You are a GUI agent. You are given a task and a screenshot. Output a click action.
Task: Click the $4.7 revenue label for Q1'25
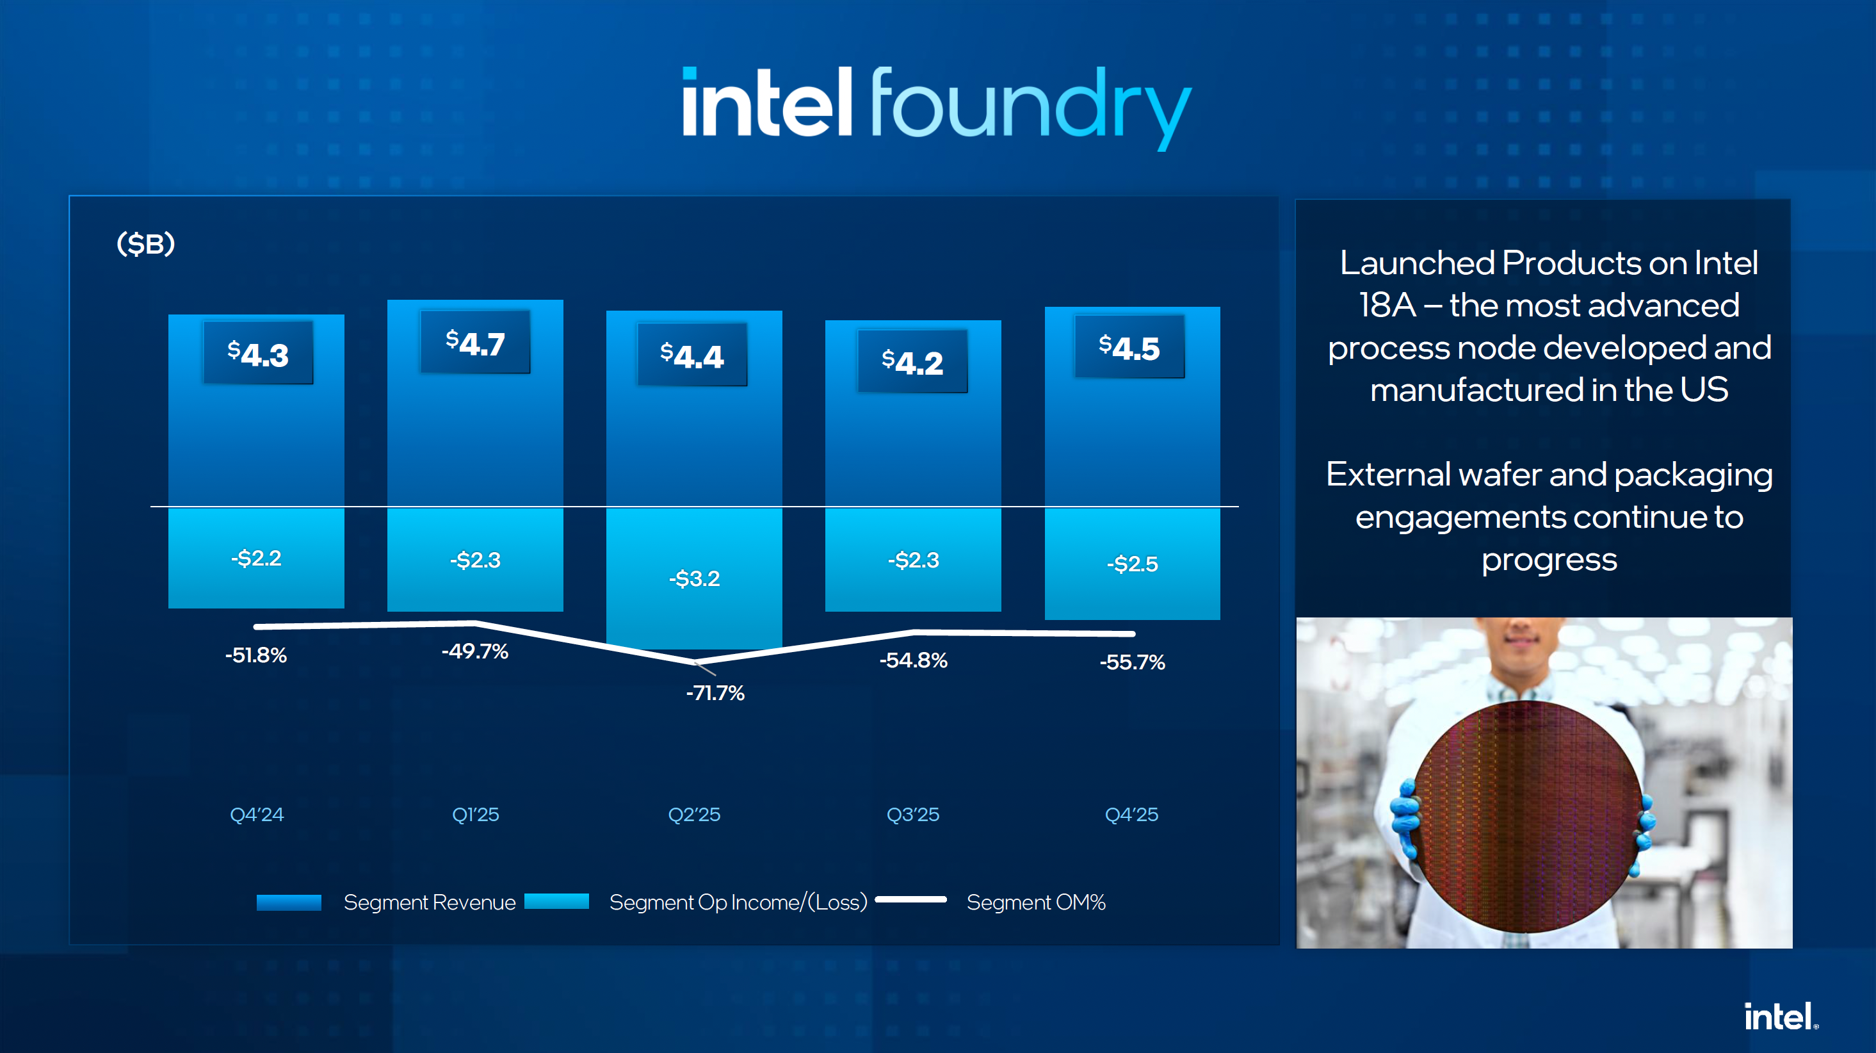(x=476, y=343)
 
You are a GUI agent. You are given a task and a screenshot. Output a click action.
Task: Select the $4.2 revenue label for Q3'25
(x=912, y=361)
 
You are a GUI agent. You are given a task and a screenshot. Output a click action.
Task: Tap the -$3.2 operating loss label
(x=694, y=578)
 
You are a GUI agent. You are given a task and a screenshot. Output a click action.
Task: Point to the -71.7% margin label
(x=715, y=692)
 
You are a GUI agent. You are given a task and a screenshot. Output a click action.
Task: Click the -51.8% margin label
(x=255, y=655)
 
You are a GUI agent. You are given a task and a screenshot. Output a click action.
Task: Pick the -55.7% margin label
(x=1132, y=662)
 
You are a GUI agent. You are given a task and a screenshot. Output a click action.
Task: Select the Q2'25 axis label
(x=694, y=814)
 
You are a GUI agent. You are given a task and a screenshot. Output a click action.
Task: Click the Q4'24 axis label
(x=256, y=814)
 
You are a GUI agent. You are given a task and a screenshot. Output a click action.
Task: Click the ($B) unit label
(x=145, y=243)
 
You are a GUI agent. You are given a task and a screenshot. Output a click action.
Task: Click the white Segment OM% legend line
(x=910, y=899)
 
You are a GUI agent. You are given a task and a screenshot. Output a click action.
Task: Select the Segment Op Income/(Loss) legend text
(x=738, y=902)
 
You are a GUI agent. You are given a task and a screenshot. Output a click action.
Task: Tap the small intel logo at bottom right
(x=1780, y=1016)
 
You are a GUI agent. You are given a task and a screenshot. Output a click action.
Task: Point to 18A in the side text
(x=1387, y=306)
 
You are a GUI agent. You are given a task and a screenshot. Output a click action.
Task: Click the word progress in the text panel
(x=1549, y=560)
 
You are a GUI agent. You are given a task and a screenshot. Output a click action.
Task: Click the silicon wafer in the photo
(x=1526, y=816)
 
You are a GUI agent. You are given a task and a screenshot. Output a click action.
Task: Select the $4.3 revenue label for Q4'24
(x=258, y=354)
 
